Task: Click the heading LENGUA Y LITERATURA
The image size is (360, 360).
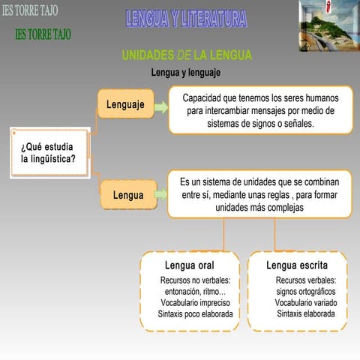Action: coord(185,19)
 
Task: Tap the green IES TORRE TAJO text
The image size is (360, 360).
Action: coord(43,35)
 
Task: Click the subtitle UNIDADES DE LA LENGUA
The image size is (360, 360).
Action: coord(187,55)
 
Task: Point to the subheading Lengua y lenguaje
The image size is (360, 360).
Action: coord(185,73)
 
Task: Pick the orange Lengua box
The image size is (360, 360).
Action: coord(128,195)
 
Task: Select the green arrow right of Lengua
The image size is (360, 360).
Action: coord(160,194)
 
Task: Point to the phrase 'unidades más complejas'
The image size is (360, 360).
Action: coord(259,208)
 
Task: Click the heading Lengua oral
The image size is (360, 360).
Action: coord(189,265)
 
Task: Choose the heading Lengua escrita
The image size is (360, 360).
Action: coord(296,265)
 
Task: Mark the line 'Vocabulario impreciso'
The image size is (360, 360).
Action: coord(195,302)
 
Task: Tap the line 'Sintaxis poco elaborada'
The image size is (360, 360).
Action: coord(195,313)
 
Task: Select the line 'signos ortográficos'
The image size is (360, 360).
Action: coord(305,291)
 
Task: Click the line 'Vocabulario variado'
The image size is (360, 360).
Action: coord(305,302)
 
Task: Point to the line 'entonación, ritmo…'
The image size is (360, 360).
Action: coord(195,291)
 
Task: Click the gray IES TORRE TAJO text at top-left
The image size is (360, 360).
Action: coord(29,10)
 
